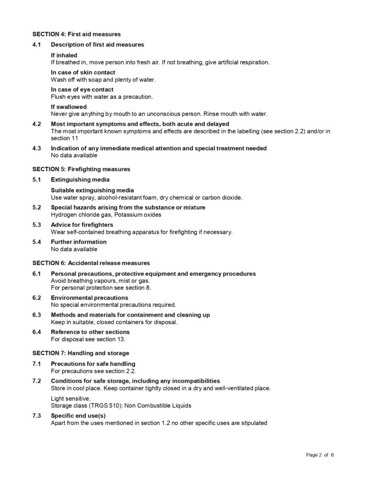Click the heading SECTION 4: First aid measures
coord(77,34)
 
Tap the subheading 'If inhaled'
coord(64,55)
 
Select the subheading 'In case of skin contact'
coord(83,72)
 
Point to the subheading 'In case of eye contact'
coord(82,90)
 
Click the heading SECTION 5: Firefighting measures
coord(81,169)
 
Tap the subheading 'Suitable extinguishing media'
coord(92,190)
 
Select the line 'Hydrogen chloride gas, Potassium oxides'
coord(106,215)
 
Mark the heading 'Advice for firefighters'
coord(82,225)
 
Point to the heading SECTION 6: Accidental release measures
coord(91,263)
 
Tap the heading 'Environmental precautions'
coord(90,298)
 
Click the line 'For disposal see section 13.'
coord(88,339)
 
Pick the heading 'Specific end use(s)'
coord(78,415)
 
